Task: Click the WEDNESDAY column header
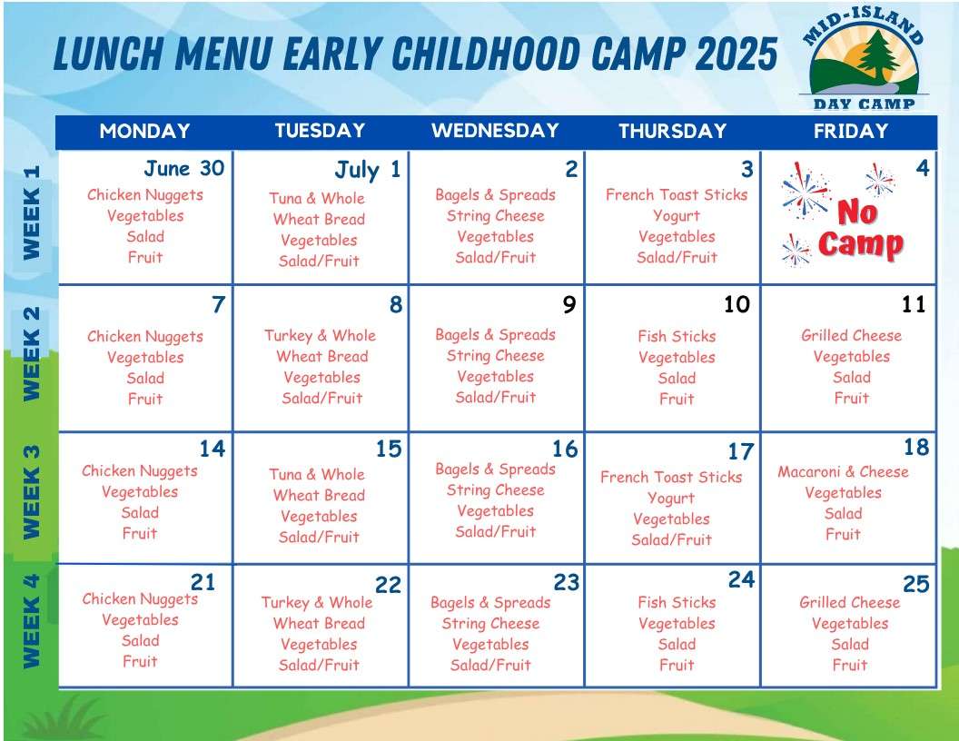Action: point(495,130)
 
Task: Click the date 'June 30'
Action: point(183,168)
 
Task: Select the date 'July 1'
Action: point(367,170)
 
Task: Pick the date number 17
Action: point(740,451)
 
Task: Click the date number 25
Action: point(915,584)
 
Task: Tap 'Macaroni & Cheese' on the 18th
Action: point(843,471)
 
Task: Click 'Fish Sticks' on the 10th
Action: point(677,336)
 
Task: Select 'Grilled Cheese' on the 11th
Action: point(851,335)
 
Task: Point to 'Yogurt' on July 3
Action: point(677,215)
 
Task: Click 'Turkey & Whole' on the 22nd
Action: point(317,602)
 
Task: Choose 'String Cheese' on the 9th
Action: point(495,356)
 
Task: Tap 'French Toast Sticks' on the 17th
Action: point(671,477)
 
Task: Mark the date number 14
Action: point(212,448)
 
